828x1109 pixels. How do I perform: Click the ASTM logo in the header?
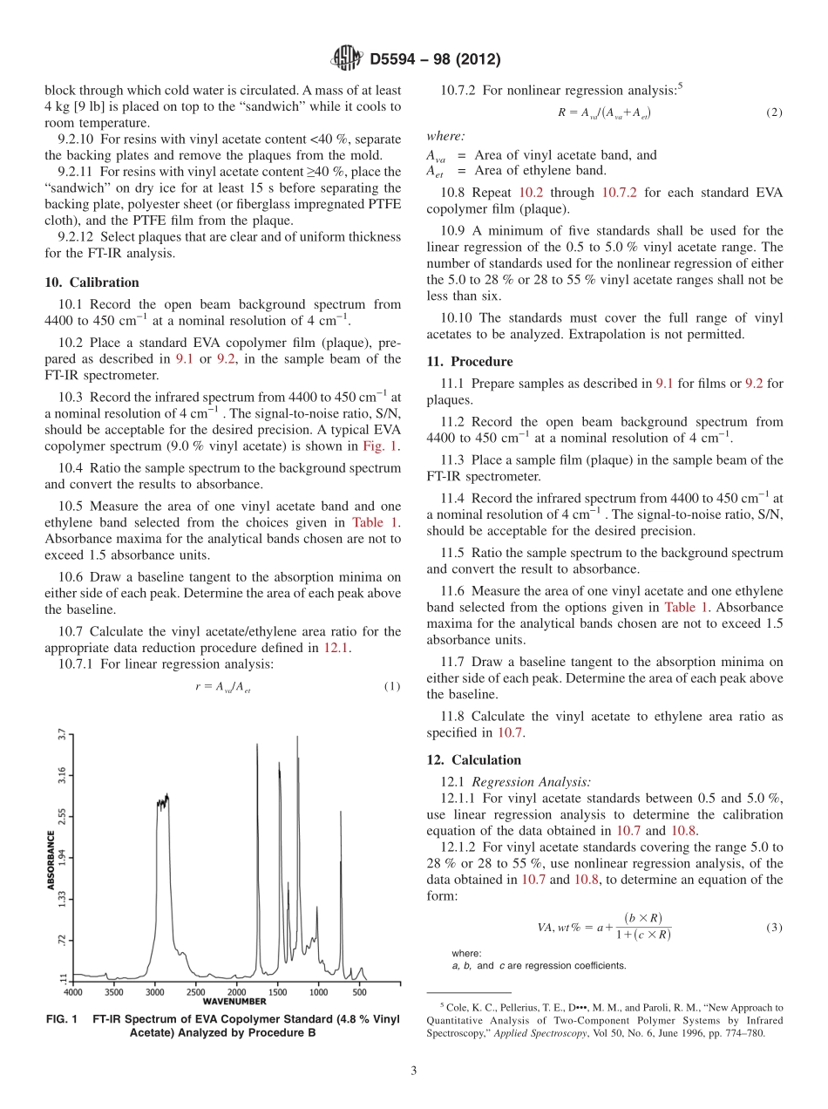click(x=345, y=59)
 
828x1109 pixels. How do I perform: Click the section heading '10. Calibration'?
click(x=92, y=282)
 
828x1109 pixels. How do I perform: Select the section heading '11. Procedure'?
click(x=469, y=361)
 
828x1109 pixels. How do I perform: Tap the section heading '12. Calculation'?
click(x=473, y=759)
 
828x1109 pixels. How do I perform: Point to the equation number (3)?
click(x=774, y=927)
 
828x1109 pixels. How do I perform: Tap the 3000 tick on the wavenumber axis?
click(x=155, y=991)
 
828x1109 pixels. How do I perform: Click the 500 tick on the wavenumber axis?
click(x=359, y=991)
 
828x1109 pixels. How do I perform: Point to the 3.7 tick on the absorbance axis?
click(x=62, y=734)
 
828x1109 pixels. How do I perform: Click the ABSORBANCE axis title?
click(x=51, y=860)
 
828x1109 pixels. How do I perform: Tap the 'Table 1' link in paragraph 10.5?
click(x=376, y=522)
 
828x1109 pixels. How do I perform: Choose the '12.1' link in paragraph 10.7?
click(x=336, y=647)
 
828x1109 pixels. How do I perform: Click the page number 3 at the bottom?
click(x=414, y=1071)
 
